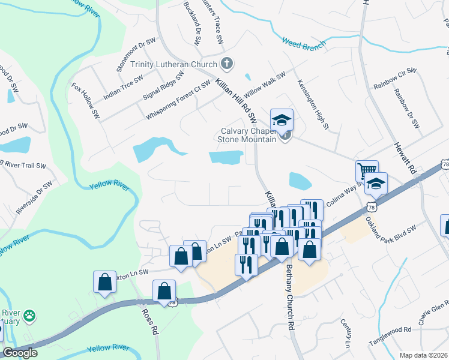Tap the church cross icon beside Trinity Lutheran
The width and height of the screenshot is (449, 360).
coord(227,62)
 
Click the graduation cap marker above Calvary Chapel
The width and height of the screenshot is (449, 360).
coord(282,119)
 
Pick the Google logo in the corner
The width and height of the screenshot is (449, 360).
coord(20,352)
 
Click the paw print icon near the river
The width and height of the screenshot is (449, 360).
coord(29,314)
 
